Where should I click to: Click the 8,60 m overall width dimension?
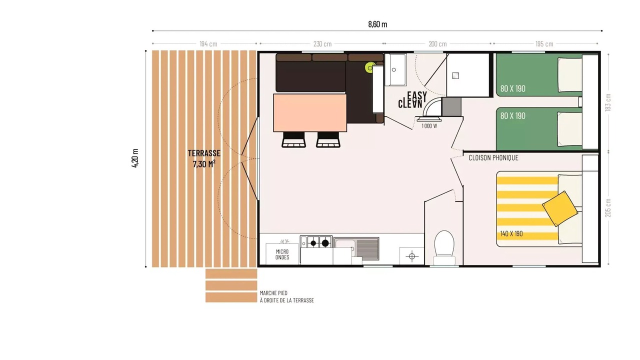(x=377, y=24)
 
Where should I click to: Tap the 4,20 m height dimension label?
(x=135, y=158)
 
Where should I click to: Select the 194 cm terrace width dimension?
(x=208, y=44)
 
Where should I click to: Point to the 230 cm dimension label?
(x=322, y=44)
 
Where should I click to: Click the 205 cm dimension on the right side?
(x=608, y=208)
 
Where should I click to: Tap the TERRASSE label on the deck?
(x=204, y=153)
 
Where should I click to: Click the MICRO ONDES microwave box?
(x=282, y=254)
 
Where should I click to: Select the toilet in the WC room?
(x=444, y=247)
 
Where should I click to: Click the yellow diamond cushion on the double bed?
(x=559, y=208)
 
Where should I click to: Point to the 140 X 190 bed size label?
(x=511, y=233)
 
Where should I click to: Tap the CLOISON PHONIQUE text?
(x=493, y=157)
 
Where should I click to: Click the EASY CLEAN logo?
(x=412, y=99)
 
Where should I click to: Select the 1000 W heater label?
(x=429, y=126)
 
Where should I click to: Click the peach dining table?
(x=310, y=113)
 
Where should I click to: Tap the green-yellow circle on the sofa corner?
(x=370, y=67)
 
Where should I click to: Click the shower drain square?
(x=455, y=75)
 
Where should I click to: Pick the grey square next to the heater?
(x=451, y=107)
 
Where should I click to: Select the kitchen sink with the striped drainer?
(x=356, y=248)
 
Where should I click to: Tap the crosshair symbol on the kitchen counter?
(x=411, y=256)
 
